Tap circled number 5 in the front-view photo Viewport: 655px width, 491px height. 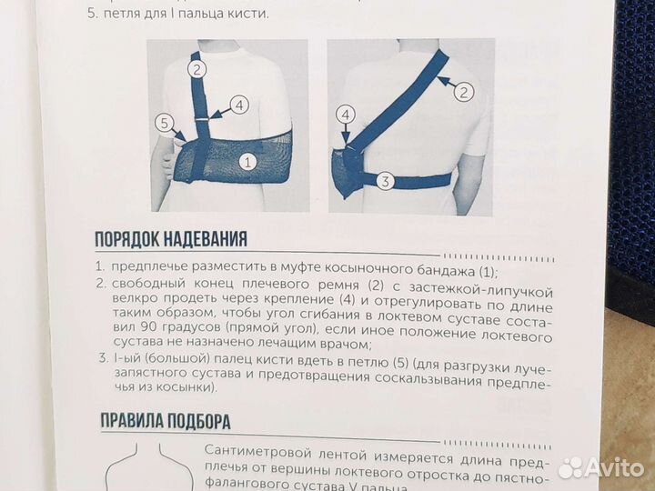tap(165, 122)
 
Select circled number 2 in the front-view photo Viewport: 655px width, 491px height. tap(198, 66)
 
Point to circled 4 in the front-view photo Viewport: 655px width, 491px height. tap(239, 105)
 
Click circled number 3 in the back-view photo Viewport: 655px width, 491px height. tap(385, 181)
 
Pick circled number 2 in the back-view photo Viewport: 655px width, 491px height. tap(463, 91)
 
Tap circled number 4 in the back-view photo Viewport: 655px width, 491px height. tap(345, 115)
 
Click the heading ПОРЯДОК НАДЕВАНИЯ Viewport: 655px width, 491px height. tap(172, 240)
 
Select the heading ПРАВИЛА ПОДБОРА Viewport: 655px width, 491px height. tap(163, 421)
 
